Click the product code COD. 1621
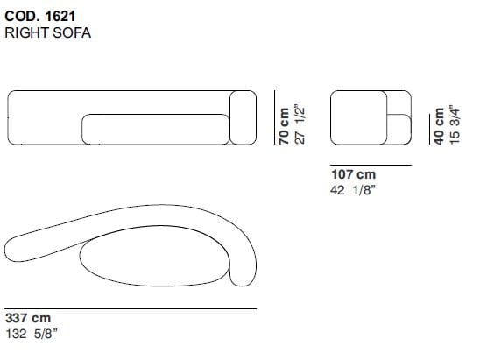(x=40, y=17)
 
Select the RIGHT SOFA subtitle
(x=48, y=32)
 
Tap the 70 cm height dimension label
(x=284, y=126)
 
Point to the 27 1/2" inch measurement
(x=300, y=124)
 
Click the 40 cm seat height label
(x=439, y=126)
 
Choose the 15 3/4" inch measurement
(x=455, y=124)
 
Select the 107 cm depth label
(x=353, y=174)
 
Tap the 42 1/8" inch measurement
(x=353, y=190)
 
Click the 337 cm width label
(x=28, y=318)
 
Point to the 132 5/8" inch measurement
(x=32, y=334)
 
